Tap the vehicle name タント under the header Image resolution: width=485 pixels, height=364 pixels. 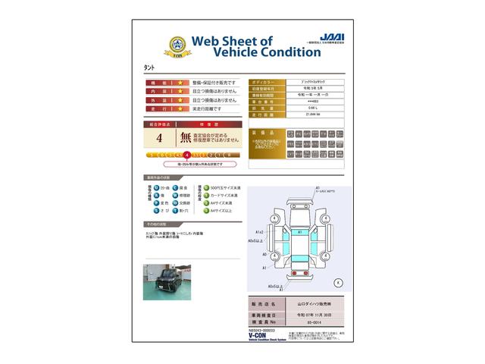click(149, 67)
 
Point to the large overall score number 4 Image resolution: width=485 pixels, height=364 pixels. click(158, 138)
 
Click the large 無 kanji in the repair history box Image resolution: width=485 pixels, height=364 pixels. click(186, 138)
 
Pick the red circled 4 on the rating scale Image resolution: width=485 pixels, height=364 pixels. click(186, 154)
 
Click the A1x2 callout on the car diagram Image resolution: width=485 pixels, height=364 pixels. click(259, 231)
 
